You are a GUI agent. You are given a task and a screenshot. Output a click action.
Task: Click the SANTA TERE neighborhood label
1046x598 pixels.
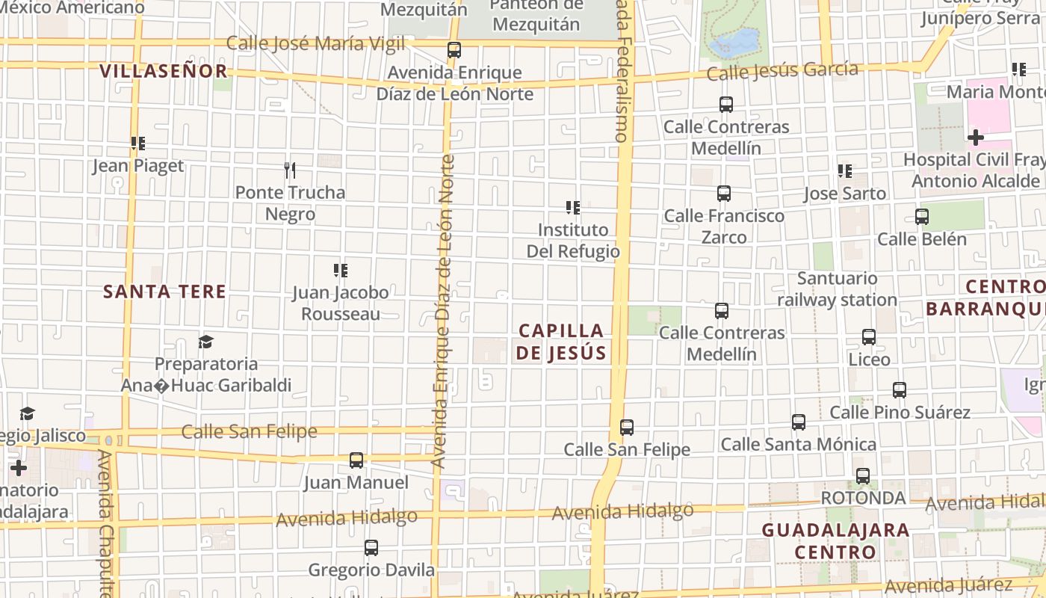[164, 292]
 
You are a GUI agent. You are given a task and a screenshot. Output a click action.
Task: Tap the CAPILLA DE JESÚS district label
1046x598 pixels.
[560, 342]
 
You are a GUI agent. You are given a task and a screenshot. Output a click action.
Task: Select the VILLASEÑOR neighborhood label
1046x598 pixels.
[163, 71]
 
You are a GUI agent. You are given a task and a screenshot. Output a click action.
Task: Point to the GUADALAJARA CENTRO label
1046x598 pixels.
[835, 541]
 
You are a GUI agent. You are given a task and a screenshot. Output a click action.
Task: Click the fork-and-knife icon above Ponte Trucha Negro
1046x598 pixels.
[290, 170]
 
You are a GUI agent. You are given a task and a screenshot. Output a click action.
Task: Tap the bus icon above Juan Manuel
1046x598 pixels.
[356, 460]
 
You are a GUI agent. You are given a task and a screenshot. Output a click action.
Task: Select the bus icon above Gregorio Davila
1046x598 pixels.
[371, 548]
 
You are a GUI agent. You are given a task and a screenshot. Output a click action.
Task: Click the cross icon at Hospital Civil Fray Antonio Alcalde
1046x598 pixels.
[975, 138]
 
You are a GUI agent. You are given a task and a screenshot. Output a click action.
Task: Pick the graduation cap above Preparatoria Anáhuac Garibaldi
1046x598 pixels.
[205, 342]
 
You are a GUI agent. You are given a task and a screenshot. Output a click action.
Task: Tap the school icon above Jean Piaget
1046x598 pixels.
[137, 143]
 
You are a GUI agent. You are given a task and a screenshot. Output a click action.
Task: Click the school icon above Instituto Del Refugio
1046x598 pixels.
[573, 207]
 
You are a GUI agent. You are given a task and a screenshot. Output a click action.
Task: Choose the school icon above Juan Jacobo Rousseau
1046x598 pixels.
[341, 270]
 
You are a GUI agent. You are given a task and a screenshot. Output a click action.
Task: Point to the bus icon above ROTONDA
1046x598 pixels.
[863, 475]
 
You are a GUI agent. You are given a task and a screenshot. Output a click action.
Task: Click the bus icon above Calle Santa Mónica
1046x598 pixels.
[799, 422]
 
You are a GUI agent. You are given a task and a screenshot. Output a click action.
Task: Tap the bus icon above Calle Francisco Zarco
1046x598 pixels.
[723, 194]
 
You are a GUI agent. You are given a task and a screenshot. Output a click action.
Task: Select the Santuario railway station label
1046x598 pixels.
[837, 289]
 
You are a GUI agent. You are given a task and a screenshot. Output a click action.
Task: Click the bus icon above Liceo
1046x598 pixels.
[869, 337]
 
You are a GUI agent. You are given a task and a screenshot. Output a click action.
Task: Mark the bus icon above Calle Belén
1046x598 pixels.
[922, 217]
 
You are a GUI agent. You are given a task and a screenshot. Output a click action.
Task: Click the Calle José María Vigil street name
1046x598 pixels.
[315, 43]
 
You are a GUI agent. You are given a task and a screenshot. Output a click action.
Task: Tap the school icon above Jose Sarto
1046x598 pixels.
[845, 171]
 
